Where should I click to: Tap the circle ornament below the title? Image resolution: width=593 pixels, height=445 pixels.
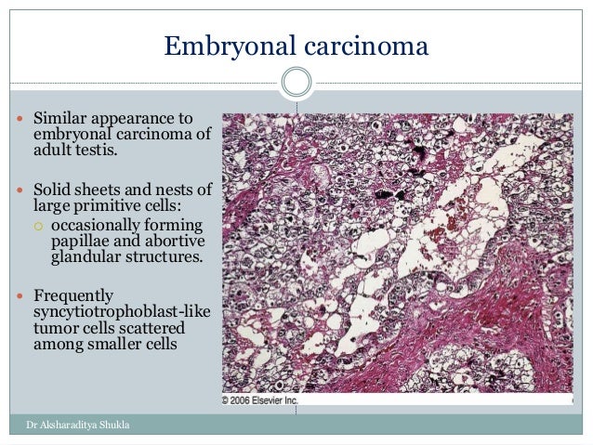tap(296, 83)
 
